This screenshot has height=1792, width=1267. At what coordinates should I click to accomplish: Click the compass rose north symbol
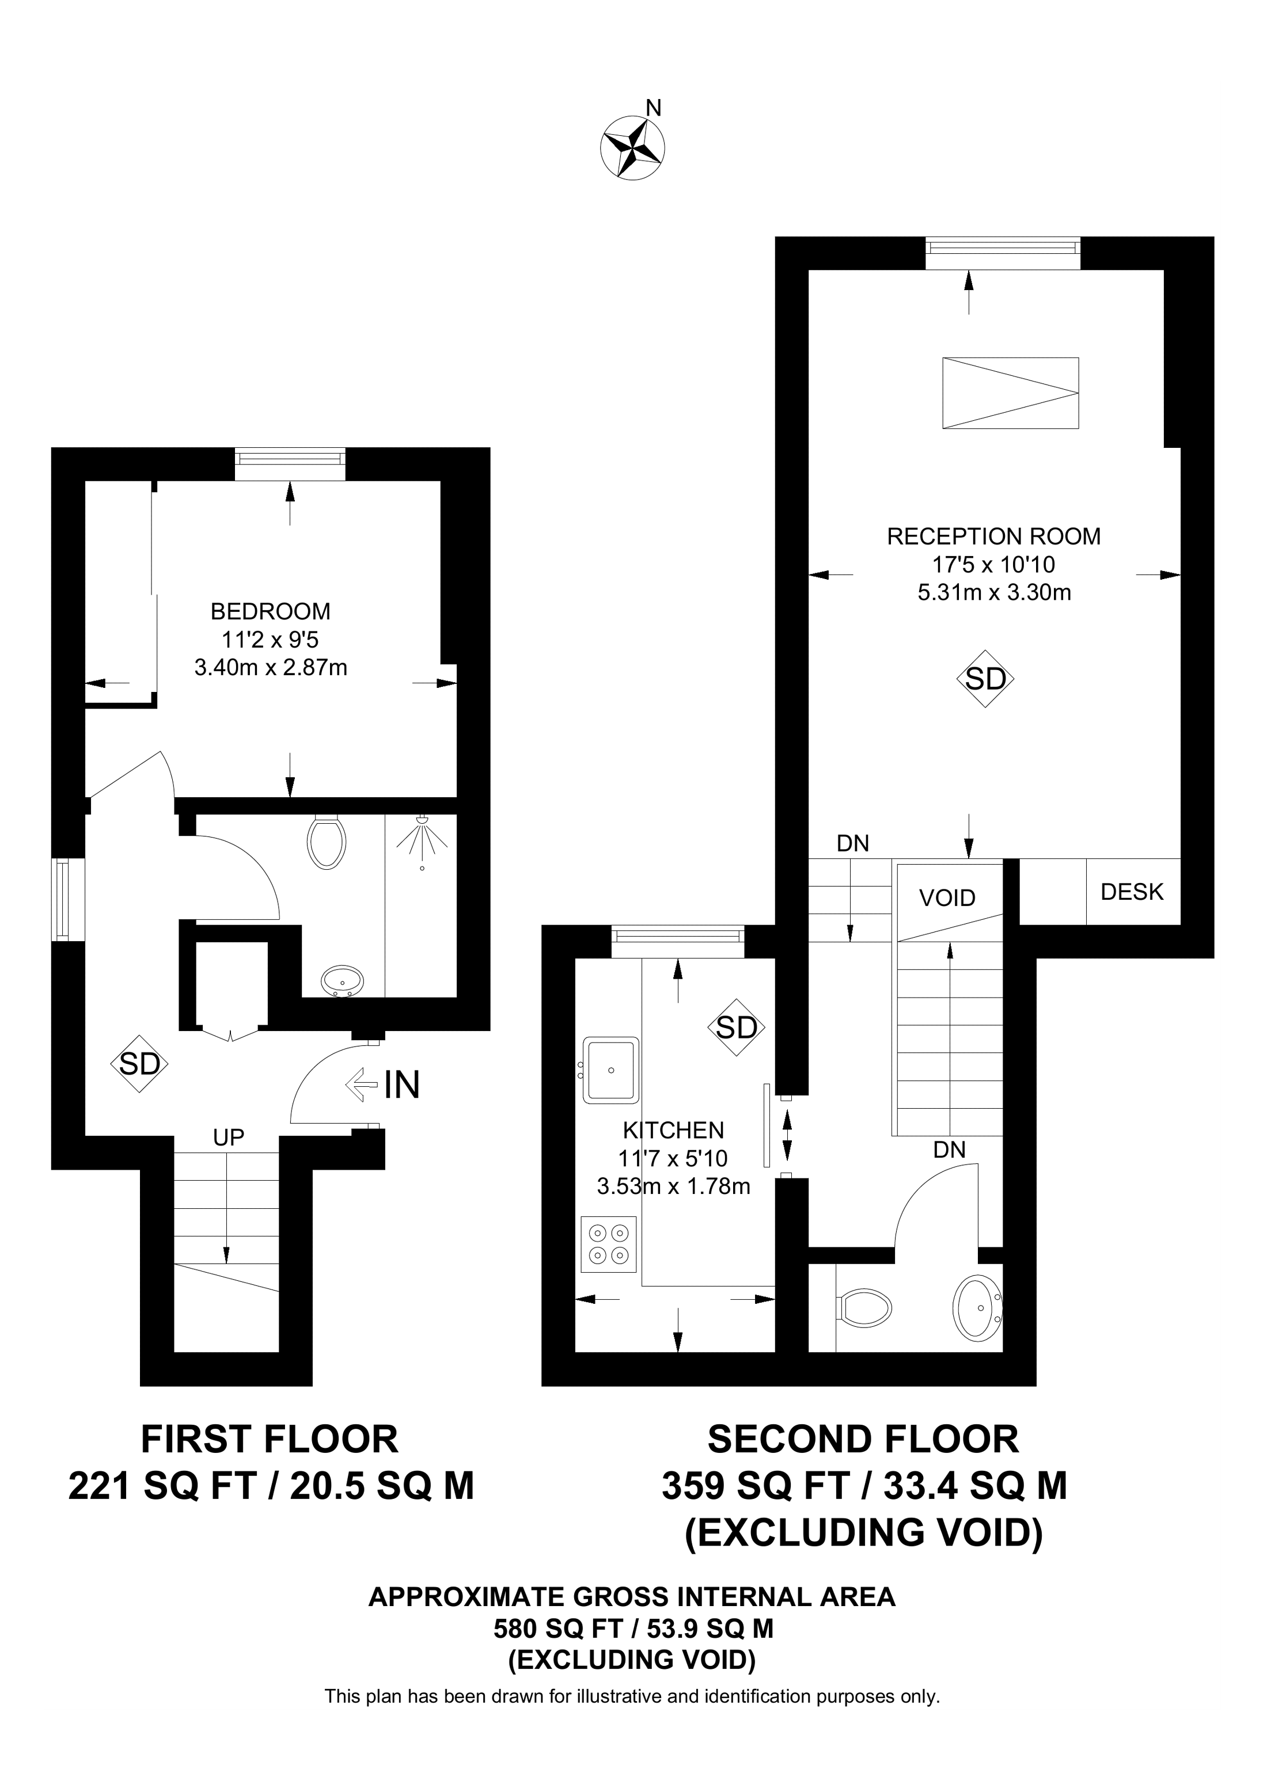[632, 147]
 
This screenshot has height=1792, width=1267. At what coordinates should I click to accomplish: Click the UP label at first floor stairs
[229, 1138]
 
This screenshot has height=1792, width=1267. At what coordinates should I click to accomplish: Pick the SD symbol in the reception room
[985, 679]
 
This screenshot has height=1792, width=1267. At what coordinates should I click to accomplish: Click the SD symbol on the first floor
[140, 1064]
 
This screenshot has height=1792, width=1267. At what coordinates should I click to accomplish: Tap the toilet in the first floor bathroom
[327, 842]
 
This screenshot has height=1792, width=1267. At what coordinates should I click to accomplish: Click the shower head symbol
[422, 836]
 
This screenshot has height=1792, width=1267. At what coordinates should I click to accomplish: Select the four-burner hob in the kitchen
[609, 1244]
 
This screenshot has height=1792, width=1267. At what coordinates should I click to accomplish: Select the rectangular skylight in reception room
[1010, 393]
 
